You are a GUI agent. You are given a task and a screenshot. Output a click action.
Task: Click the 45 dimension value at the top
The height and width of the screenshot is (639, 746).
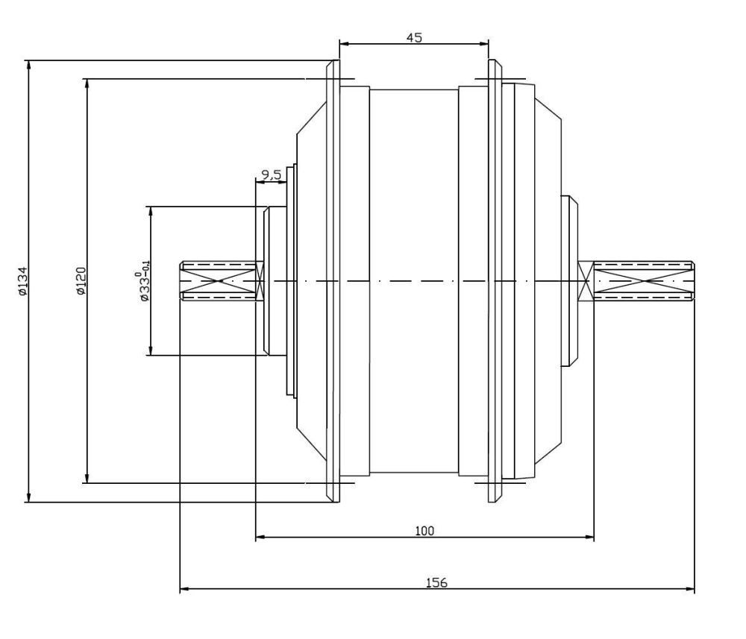point(414,37)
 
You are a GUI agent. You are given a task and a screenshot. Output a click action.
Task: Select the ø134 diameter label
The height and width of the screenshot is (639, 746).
point(23,281)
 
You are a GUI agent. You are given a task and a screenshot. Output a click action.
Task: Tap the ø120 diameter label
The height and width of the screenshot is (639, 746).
point(81,281)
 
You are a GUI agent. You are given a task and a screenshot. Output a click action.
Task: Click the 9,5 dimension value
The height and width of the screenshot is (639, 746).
point(269,175)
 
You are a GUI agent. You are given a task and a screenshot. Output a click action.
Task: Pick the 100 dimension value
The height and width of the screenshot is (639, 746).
point(424,530)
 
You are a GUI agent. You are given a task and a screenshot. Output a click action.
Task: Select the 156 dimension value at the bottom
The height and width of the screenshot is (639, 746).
point(436,582)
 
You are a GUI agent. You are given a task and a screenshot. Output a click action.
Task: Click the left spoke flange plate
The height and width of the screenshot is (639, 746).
point(333,281)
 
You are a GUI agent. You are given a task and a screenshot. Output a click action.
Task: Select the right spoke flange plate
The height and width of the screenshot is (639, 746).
point(494,281)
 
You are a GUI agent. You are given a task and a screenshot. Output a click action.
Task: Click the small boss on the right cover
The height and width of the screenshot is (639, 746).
point(570,281)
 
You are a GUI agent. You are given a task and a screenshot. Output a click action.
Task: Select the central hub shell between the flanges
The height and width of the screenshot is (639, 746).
point(414,281)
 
